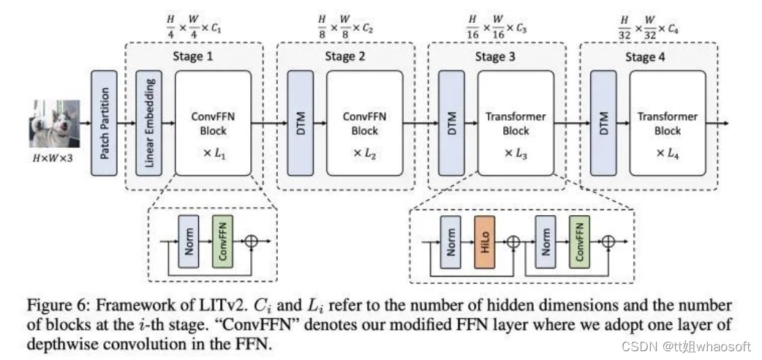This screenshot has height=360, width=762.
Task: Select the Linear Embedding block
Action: pyautogui.click(x=149, y=123)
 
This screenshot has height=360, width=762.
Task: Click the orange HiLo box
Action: pyautogui.click(x=486, y=241)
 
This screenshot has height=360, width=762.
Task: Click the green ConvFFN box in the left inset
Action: pyautogui.click(x=223, y=241)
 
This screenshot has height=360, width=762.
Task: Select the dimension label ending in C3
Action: pyautogui.click(x=496, y=25)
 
